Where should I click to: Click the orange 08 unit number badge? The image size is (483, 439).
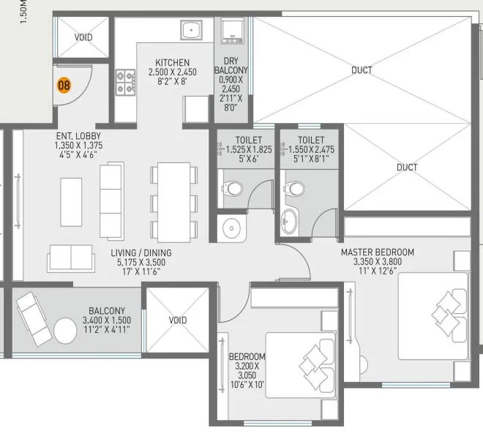64,85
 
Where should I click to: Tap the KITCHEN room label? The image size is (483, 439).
173,62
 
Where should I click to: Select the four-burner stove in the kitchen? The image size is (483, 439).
125,82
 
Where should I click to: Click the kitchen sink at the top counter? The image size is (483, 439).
191,30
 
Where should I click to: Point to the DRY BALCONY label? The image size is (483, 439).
231,65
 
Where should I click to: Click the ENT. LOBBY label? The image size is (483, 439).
78,136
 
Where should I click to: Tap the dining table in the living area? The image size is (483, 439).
173,202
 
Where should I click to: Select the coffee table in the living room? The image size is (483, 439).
71,202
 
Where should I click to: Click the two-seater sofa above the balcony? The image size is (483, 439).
71,258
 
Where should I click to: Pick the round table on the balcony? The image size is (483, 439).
65,331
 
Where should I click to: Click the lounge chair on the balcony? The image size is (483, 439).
34,319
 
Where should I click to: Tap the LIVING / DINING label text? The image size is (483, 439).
141,252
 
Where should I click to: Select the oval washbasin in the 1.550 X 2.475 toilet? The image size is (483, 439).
290,221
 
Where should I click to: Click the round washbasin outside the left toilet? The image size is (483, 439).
231,228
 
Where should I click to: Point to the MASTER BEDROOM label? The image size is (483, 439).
378,252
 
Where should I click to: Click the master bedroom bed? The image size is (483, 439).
433,316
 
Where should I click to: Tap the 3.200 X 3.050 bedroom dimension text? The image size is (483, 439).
247,371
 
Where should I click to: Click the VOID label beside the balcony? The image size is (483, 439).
178,320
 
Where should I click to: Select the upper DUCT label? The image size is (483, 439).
362,70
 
